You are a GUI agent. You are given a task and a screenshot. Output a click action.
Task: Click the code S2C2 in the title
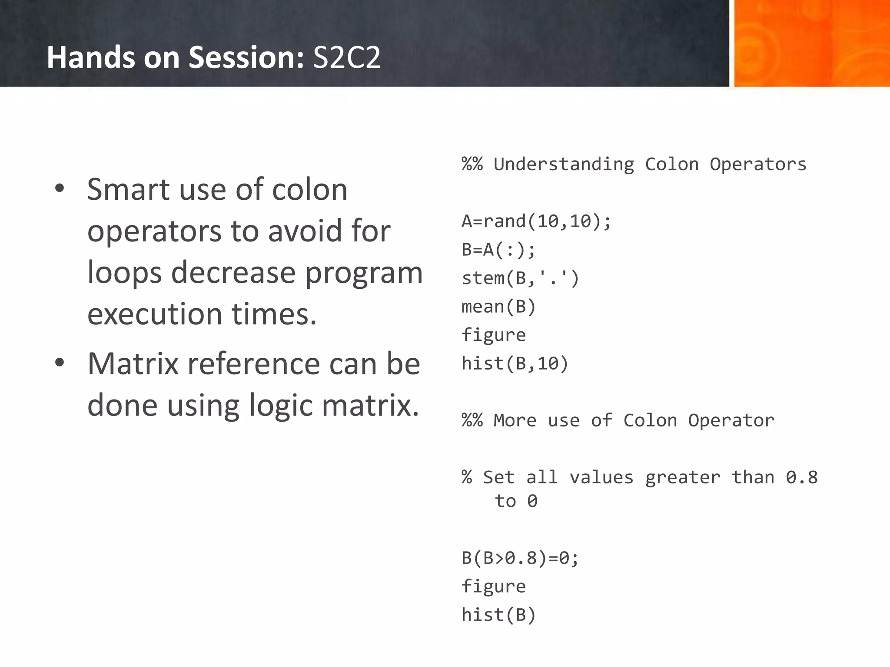tap(346, 58)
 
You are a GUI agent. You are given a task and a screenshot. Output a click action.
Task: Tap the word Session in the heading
tap(246, 58)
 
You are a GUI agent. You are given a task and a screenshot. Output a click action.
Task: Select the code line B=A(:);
tap(498, 250)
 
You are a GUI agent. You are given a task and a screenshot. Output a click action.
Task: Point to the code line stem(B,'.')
tap(520, 278)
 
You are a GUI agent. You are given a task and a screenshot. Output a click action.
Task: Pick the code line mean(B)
tap(498, 307)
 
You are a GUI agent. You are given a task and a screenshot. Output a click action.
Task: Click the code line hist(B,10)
tap(515, 363)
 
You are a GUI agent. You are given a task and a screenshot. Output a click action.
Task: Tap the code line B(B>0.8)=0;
tap(520, 558)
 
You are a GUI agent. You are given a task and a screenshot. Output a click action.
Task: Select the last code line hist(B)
tap(498, 615)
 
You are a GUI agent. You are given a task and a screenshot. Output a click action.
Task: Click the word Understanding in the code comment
tap(564, 165)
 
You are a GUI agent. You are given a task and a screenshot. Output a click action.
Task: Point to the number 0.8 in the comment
tap(801, 478)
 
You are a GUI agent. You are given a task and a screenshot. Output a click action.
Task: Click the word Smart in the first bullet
tap(128, 190)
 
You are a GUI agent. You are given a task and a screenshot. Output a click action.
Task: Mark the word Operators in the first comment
tap(758, 165)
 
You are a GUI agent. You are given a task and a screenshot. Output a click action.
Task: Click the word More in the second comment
tap(515, 421)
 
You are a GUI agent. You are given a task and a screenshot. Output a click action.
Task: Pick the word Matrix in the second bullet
tap(133, 363)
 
